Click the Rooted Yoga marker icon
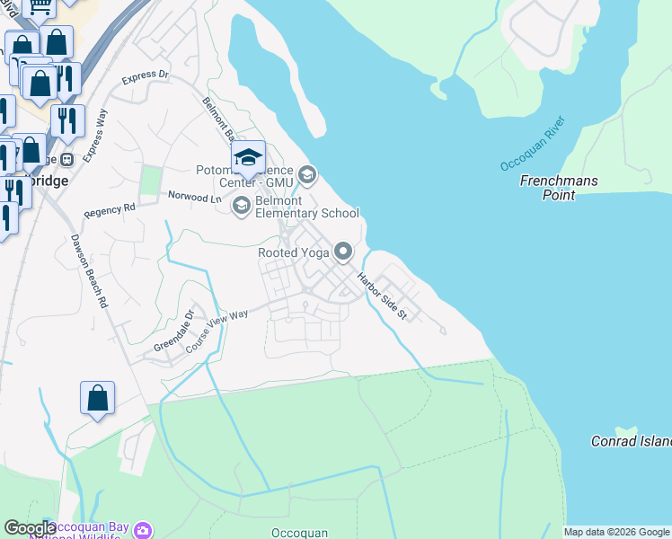coord(342,252)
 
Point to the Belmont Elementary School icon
coord(241,207)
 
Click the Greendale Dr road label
coord(173,332)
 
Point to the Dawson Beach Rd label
coord(88,271)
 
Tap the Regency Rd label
coord(109,209)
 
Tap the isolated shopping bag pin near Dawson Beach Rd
coord(97,398)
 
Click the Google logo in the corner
coord(30,529)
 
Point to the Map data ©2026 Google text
coord(616,532)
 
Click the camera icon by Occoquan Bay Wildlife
coord(142,531)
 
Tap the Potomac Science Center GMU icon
coord(307,173)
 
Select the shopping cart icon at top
coord(40,6)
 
